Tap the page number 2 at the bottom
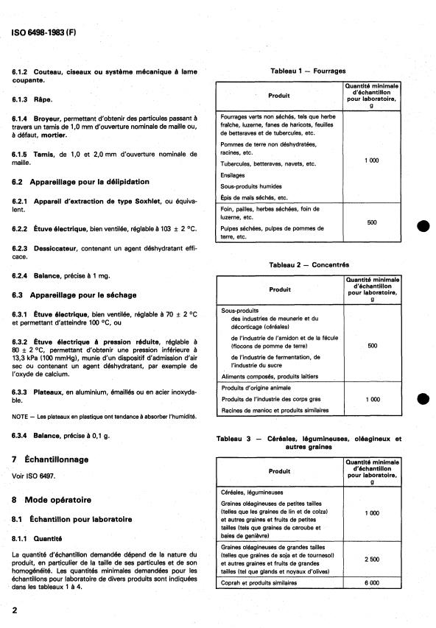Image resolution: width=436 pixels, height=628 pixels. (x=15, y=611)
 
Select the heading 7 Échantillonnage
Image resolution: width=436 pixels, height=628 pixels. (x=50, y=459)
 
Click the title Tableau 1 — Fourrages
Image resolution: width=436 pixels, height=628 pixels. (x=309, y=71)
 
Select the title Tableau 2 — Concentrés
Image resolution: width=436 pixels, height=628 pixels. (x=309, y=264)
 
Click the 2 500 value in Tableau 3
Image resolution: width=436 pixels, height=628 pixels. (x=372, y=559)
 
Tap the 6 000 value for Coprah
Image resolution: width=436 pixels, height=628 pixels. (x=372, y=582)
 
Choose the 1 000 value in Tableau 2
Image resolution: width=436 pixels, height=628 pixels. (x=372, y=398)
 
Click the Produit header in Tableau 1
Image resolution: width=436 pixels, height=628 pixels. (x=279, y=95)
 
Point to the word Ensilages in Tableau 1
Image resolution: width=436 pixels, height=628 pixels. (x=234, y=176)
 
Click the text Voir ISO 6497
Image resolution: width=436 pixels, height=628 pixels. (x=34, y=476)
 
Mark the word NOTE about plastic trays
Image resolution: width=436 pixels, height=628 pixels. (x=21, y=416)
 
